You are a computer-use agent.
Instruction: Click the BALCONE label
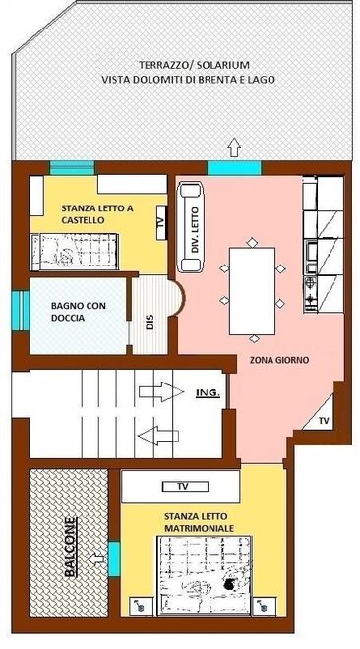coord(71,547)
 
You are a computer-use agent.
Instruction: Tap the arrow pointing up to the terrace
coord(234,147)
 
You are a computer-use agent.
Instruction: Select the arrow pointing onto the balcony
coord(96,560)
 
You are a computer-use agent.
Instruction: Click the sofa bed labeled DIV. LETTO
coord(191,226)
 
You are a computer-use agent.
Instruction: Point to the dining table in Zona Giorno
coord(252,291)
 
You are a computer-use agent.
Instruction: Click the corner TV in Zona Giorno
coord(321,415)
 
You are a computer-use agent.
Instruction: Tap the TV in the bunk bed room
coord(161,222)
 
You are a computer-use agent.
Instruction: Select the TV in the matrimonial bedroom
coord(185,487)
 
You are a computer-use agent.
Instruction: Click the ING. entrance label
coord(208,392)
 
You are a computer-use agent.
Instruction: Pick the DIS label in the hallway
coord(150,323)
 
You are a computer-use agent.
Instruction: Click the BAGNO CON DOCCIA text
coord(79,312)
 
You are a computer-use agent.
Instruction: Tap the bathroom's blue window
coord(20,311)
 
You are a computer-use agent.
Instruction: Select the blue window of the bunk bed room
coord(73,168)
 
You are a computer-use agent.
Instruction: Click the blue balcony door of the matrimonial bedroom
coord(114,560)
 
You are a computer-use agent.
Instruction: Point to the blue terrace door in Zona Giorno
coord(234,168)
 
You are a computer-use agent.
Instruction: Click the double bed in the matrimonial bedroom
coord(205,575)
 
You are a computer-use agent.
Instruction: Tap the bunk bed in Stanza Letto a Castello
coord(75,252)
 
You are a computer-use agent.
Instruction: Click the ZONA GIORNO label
coord(279,360)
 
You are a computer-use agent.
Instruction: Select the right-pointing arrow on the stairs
coord(161,391)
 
